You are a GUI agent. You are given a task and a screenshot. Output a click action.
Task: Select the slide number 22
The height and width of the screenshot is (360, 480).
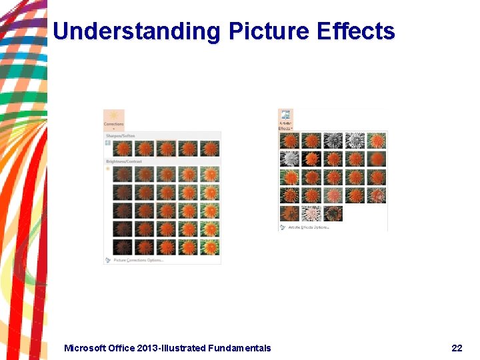coord(457,348)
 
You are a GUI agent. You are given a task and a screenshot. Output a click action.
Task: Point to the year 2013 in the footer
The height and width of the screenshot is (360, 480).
coord(145,348)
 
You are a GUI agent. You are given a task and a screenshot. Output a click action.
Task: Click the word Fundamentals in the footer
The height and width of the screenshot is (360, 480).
coord(239,348)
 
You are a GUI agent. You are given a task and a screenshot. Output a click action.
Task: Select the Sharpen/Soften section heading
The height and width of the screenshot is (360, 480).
coord(120,136)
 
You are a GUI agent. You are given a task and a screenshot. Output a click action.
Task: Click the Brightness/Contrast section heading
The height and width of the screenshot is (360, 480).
coord(124,161)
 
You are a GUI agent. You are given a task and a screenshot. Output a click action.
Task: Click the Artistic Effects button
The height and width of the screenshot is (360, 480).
coord(285,119)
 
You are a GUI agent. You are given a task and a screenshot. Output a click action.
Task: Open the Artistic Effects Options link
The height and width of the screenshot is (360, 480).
coord(309,227)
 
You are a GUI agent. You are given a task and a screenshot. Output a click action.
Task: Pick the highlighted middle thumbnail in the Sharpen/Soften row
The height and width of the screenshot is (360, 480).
coord(167,148)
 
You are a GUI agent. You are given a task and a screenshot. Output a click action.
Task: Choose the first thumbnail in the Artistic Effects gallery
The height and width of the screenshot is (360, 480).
coord(289,140)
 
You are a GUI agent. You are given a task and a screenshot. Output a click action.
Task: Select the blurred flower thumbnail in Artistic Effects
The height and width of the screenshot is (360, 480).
coord(377,159)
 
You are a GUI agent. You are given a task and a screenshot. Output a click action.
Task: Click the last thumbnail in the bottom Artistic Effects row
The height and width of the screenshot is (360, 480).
coord(333,213)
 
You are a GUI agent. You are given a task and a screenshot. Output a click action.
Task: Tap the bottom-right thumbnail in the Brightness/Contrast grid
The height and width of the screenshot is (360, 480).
coord(210,247)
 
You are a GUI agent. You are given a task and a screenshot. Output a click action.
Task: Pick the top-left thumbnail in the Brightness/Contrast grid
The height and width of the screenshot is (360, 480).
coord(123,175)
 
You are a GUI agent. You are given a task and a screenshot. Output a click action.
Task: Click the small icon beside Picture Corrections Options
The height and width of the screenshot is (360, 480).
coord(108,260)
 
